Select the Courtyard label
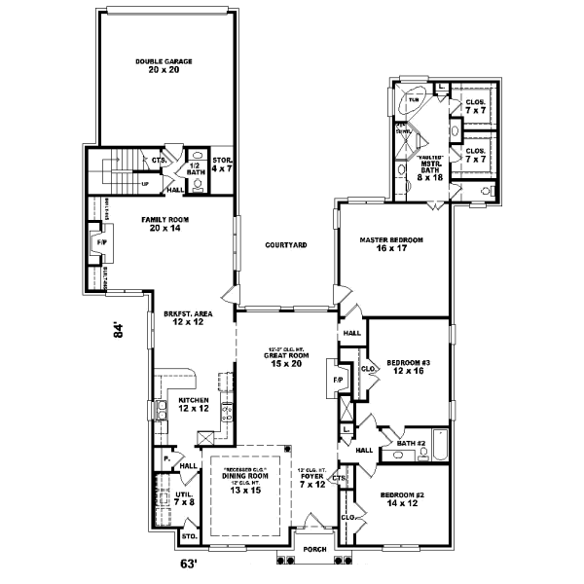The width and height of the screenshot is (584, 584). pos(286,245)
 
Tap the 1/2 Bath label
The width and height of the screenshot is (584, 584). pos(195,164)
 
